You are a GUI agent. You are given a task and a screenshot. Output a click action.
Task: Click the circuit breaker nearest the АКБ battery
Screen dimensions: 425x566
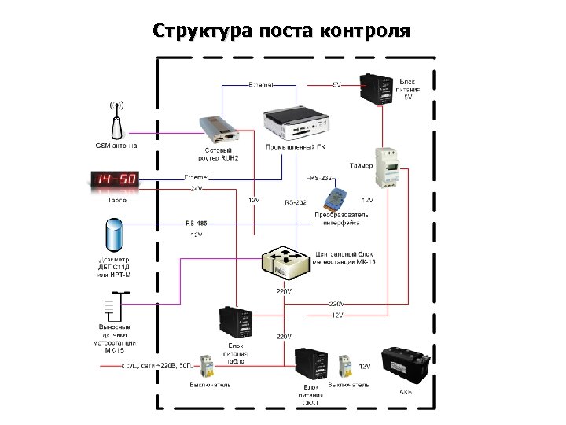(343, 368)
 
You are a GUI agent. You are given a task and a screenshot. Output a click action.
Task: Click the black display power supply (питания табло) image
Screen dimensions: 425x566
(235, 323)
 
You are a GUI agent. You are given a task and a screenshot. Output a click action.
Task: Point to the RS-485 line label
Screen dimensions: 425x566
(195, 223)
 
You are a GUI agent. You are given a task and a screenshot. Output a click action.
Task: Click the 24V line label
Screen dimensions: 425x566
(195, 188)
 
